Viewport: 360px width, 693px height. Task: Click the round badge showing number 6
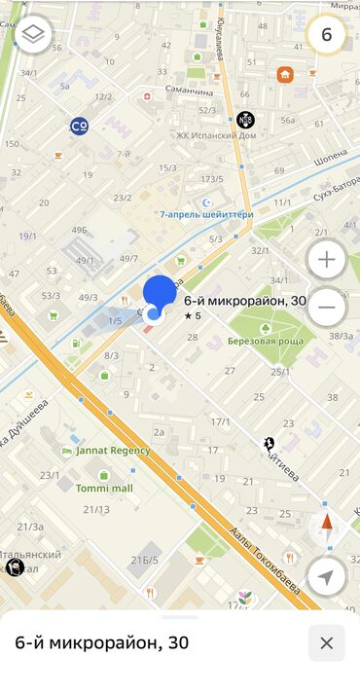327,35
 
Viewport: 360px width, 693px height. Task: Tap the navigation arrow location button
326,577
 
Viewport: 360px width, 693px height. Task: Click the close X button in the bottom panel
326,642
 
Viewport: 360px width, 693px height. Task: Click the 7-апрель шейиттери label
206,214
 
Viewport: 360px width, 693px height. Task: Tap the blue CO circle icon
80,126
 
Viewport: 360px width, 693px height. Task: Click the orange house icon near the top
285,74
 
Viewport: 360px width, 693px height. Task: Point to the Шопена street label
331,153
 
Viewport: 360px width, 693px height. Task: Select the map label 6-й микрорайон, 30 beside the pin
244,301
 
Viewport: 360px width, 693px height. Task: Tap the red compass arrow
326,522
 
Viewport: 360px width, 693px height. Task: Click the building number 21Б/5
144,559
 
